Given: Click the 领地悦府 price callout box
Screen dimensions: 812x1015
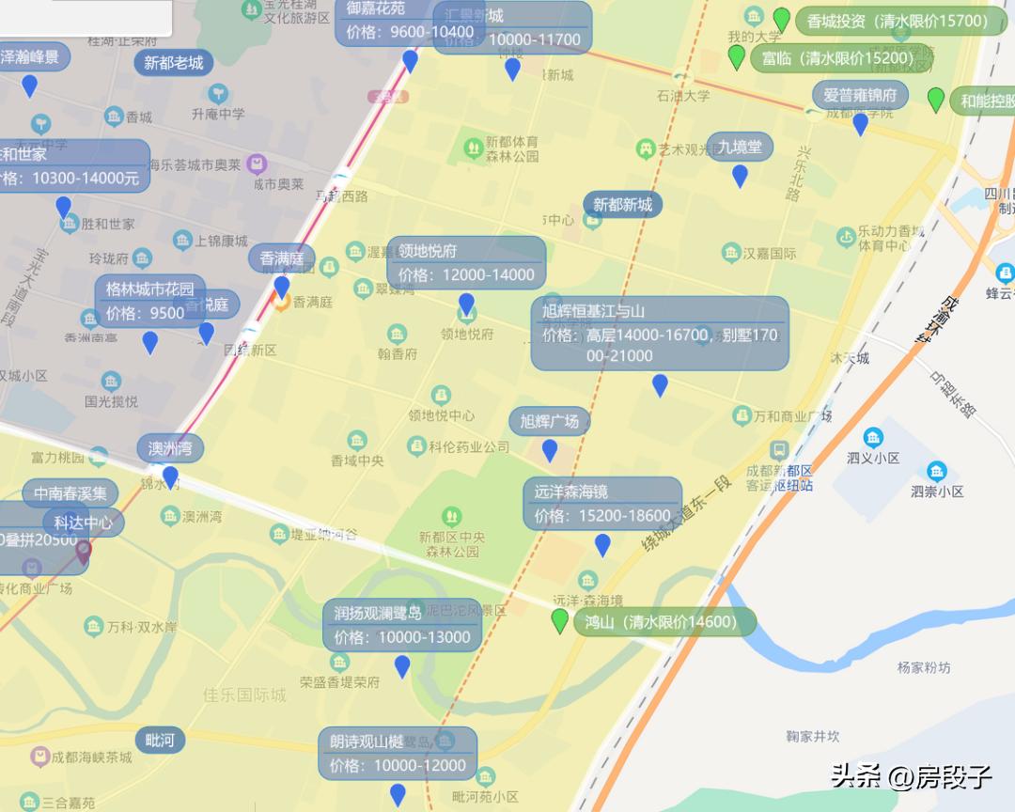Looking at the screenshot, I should point(466,263).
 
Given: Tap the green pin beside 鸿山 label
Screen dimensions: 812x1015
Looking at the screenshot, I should point(560,621).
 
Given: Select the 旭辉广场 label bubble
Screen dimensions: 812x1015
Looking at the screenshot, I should point(550,421).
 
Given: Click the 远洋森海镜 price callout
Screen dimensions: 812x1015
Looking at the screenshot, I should point(602,504).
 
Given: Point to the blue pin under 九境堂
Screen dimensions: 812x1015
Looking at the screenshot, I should point(740,176).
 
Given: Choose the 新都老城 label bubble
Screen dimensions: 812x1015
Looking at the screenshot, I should point(173,63).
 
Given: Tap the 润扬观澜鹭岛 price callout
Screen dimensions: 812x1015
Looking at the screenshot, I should point(402,625).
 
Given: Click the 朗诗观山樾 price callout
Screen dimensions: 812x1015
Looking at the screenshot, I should point(398,753).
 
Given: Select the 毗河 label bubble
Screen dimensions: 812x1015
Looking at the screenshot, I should point(161,740).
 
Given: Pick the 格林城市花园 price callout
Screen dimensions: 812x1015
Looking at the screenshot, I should point(150,301).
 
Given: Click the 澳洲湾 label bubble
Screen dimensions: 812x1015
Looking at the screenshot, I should point(170,448).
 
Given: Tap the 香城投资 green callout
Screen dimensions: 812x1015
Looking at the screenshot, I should point(900,21).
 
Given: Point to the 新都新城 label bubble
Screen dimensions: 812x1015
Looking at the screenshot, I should point(623,204).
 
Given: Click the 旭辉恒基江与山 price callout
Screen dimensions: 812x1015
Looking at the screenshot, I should point(660,334).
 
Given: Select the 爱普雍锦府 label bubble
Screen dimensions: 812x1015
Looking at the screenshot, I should point(860,95).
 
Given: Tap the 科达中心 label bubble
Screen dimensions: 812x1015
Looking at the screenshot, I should point(84,523).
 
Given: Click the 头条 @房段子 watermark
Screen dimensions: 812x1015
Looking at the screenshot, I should point(910,776).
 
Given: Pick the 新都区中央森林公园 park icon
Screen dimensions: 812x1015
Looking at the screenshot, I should point(452,515).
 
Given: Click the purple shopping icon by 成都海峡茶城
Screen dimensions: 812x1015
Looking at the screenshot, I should point(39,757).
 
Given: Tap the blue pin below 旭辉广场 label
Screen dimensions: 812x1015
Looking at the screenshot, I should point(550,451).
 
